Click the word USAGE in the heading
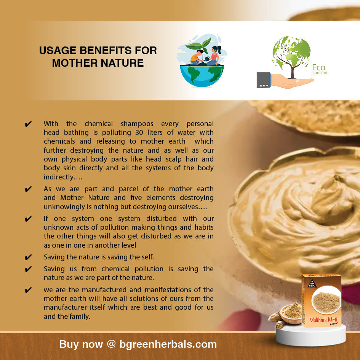pyautogui.click(x=58, y=51)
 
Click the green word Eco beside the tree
pyautogui.click(x=319, y=67)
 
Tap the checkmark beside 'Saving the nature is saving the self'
pyautogui.click(x=28, y=257)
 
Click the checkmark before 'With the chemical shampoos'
pyautogui.click(x=28, y=124)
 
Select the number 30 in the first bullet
pyautogui.click(x=139, y=133)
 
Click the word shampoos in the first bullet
pyautogui.click(x=137, y=124)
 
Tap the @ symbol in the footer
pyautogui.click(x=111, y=344)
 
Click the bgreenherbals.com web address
pyautogui.click(x=168, y=344)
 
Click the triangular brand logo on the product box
pyautogui.click(x=312, y=283)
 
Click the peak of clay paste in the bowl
pyautogui.click(x=337, y=178)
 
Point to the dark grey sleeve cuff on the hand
pyautogui.click(x=264, y=80)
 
